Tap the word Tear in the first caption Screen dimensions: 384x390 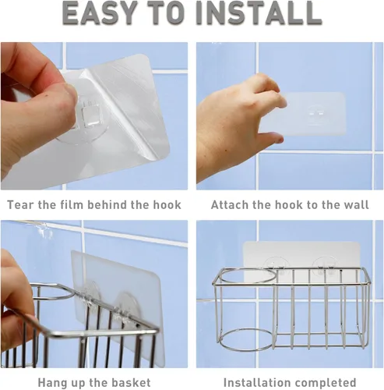point(20,204)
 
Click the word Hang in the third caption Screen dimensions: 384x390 point(51,382)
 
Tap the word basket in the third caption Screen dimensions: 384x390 point(131,382)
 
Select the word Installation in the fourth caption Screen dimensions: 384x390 point(255,382)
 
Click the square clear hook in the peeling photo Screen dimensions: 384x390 point(90,115)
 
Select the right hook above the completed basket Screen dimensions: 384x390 point(324,267)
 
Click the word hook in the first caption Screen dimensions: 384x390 point(167,204)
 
